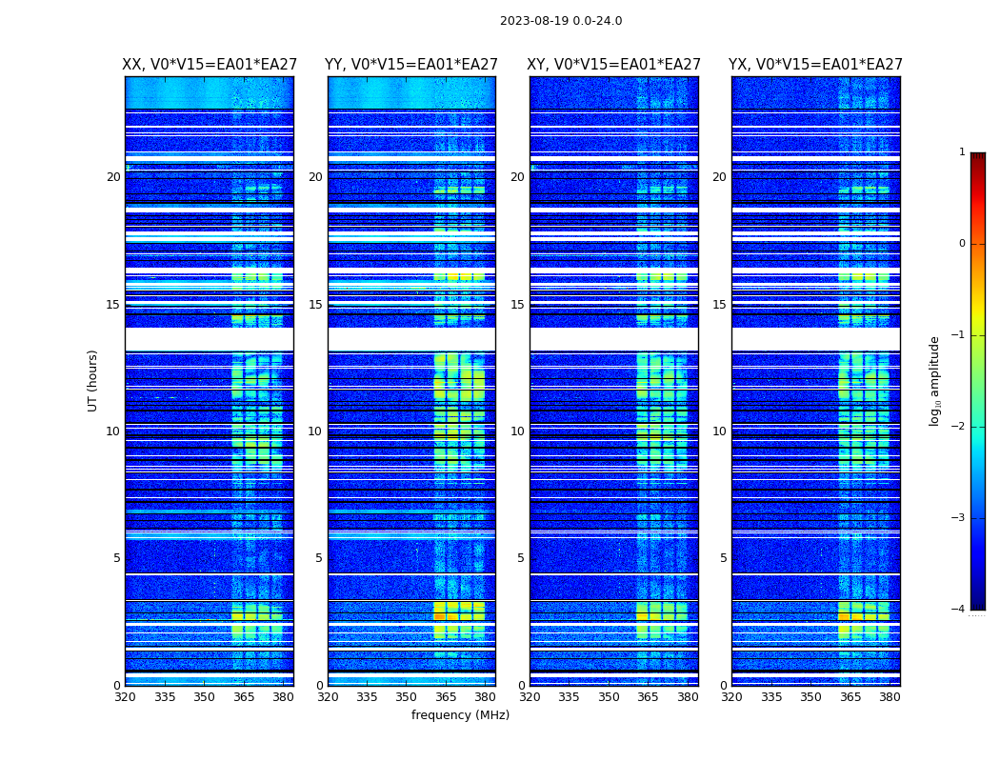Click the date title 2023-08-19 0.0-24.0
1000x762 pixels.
[561, 21]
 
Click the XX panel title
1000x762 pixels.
[210, 65]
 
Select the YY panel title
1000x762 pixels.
[411, 65]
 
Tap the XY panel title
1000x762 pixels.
[614, 65]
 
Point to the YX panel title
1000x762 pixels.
[815, 65]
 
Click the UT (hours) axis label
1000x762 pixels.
[93, 380]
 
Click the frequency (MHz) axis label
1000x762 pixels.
[460, 715]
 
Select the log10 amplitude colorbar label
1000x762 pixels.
[935, 380]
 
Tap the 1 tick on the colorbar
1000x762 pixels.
[962, 152]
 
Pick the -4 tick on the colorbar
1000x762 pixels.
[959, 610]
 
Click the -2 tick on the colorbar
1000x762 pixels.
[959, 427]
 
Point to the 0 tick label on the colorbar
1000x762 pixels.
[962, 244]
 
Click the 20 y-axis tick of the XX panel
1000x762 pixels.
[113, 177]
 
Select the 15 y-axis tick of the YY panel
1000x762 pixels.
[315, 305]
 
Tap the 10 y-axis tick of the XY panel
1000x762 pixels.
[517, 431]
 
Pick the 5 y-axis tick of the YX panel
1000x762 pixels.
[723, 558]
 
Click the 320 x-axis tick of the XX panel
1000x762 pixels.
[126, 697]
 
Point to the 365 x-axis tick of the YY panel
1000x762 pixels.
[446, 697]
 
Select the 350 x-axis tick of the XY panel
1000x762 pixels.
[609, 697]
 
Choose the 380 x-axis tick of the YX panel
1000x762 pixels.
[890, 697]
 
